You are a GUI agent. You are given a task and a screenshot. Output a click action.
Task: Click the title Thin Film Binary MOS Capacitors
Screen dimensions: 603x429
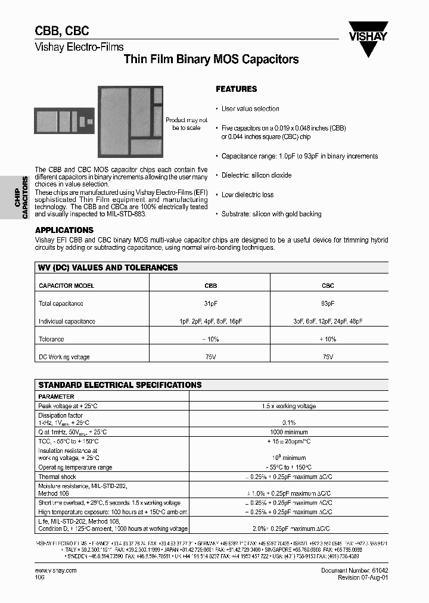coord(210,60)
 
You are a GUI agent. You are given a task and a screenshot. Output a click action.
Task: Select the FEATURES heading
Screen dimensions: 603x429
coord(236,89)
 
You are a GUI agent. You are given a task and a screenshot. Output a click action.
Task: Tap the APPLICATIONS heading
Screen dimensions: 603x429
coord(64,230)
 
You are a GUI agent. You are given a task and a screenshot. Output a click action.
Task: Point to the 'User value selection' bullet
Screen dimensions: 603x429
coord(250,108)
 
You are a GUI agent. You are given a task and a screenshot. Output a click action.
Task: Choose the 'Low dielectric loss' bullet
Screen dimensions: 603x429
coord(247,195)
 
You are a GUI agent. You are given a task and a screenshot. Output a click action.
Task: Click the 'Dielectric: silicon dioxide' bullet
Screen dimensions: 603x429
coord(256,175)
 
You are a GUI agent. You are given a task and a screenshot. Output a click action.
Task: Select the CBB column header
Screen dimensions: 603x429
coord(211,285)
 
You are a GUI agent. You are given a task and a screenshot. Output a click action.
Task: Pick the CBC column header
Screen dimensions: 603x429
coord(328,285)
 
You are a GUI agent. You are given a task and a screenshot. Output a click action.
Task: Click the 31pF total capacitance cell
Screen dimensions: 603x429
coord(211,303)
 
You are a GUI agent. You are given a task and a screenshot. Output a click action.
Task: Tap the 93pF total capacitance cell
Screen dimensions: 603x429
coord(328,303)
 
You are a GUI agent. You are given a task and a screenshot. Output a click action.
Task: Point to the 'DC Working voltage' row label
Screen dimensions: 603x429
coord(64,357)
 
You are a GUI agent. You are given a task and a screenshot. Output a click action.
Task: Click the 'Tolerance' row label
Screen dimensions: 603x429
coord(51,339)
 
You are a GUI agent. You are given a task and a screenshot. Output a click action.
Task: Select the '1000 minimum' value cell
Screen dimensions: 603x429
coord(289,431)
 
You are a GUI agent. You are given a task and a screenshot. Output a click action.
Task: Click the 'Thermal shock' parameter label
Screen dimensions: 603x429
coord(57,477)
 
